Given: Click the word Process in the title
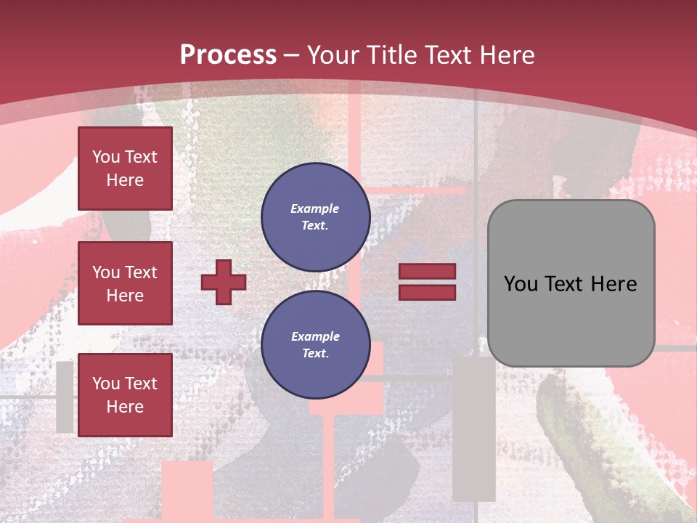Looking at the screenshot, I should pos(228,55).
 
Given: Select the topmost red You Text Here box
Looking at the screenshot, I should pos(125,169).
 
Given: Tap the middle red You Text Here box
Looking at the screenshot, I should pos(125,283).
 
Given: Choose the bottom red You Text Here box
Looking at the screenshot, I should pos(125,395).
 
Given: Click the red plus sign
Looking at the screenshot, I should pos(224,282).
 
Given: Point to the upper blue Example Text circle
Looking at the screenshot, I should pos(316,216).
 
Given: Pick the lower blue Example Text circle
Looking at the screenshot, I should pos(316,345).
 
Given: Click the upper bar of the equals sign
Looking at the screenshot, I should pos(427,272).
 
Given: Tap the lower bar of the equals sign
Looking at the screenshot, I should pos(427,292).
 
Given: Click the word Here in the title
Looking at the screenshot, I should pos(507,55).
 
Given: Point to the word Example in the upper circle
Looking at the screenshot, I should pos(315,208).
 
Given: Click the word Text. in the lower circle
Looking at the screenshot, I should pos(315,354).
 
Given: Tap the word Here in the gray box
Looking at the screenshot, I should pos(614,284).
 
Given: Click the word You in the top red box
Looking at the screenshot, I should pos(106,157).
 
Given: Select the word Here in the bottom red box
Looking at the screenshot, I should pos(125,407).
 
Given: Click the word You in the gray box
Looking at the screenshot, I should pos(521,284).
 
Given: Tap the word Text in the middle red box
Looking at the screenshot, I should pos(140,272).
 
